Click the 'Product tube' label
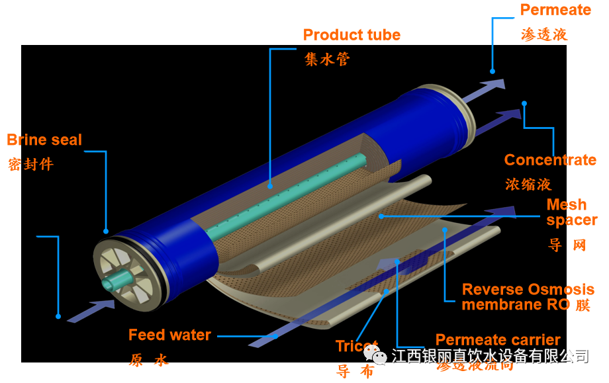[351, 35]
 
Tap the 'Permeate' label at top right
[555, 10]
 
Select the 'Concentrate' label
[549, 160]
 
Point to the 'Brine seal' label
[44, 140]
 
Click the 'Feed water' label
[169, 335]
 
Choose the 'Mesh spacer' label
[571, 212]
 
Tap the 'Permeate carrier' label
[498, 340]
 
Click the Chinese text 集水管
[326, 60]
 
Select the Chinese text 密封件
[30, 164]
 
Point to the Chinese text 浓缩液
[528, 184]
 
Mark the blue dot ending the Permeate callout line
[492, 71]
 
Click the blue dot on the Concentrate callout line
[524, 103]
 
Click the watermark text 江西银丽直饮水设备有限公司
[490, 357]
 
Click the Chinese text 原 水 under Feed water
[150, 360]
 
